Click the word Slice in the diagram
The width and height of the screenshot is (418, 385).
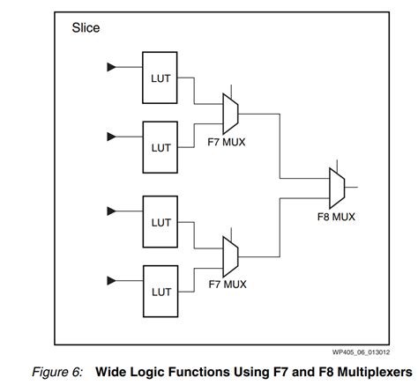(86, 28)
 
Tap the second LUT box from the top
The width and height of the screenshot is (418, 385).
(160, 148)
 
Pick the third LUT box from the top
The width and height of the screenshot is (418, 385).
(160, 224)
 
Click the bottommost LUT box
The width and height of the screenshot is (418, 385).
(160, 291)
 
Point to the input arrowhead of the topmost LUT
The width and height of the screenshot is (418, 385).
(111, 67)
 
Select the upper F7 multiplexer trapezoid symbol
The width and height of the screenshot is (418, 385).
(230, 113)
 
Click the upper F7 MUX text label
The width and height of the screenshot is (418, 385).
(227, 140)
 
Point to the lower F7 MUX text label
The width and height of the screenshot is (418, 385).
(227, 284)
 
